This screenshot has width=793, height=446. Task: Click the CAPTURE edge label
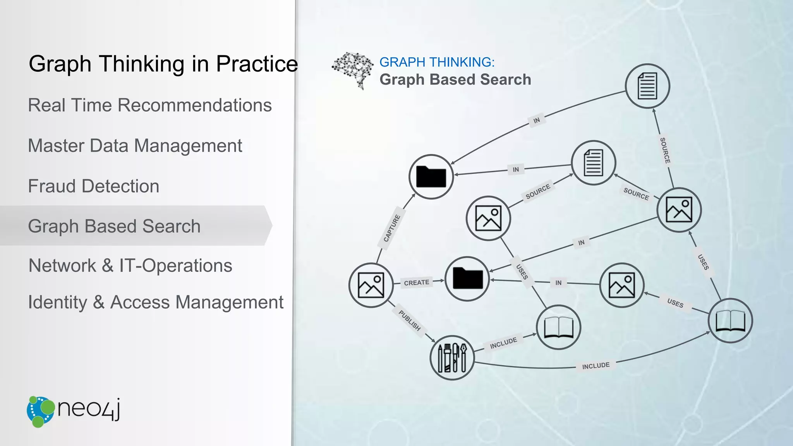(391, 228)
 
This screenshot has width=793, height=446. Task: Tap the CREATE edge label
(416, 283)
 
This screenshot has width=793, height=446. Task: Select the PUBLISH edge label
(409, 320)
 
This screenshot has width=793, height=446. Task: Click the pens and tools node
(452, 358)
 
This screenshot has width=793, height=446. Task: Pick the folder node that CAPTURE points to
(431, 177)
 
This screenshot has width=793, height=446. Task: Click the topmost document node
(647, 86)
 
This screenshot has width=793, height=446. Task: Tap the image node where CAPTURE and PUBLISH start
(371, 285)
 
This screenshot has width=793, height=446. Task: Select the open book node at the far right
(730, 321)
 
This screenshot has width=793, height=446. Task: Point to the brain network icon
(352, 70)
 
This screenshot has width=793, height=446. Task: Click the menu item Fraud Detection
(94, 186)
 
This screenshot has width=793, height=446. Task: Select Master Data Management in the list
(135, 146)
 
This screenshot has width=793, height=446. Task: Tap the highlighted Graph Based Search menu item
(114, 226)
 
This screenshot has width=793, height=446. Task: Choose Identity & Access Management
(156, 302)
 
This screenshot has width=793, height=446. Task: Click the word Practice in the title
(257, 64)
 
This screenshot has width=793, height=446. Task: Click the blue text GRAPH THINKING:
(437, 62)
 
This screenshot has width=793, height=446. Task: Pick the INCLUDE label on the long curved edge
(596, 366)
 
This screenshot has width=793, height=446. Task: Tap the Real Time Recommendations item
(150, 105)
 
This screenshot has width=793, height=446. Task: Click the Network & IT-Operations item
(130, 266)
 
